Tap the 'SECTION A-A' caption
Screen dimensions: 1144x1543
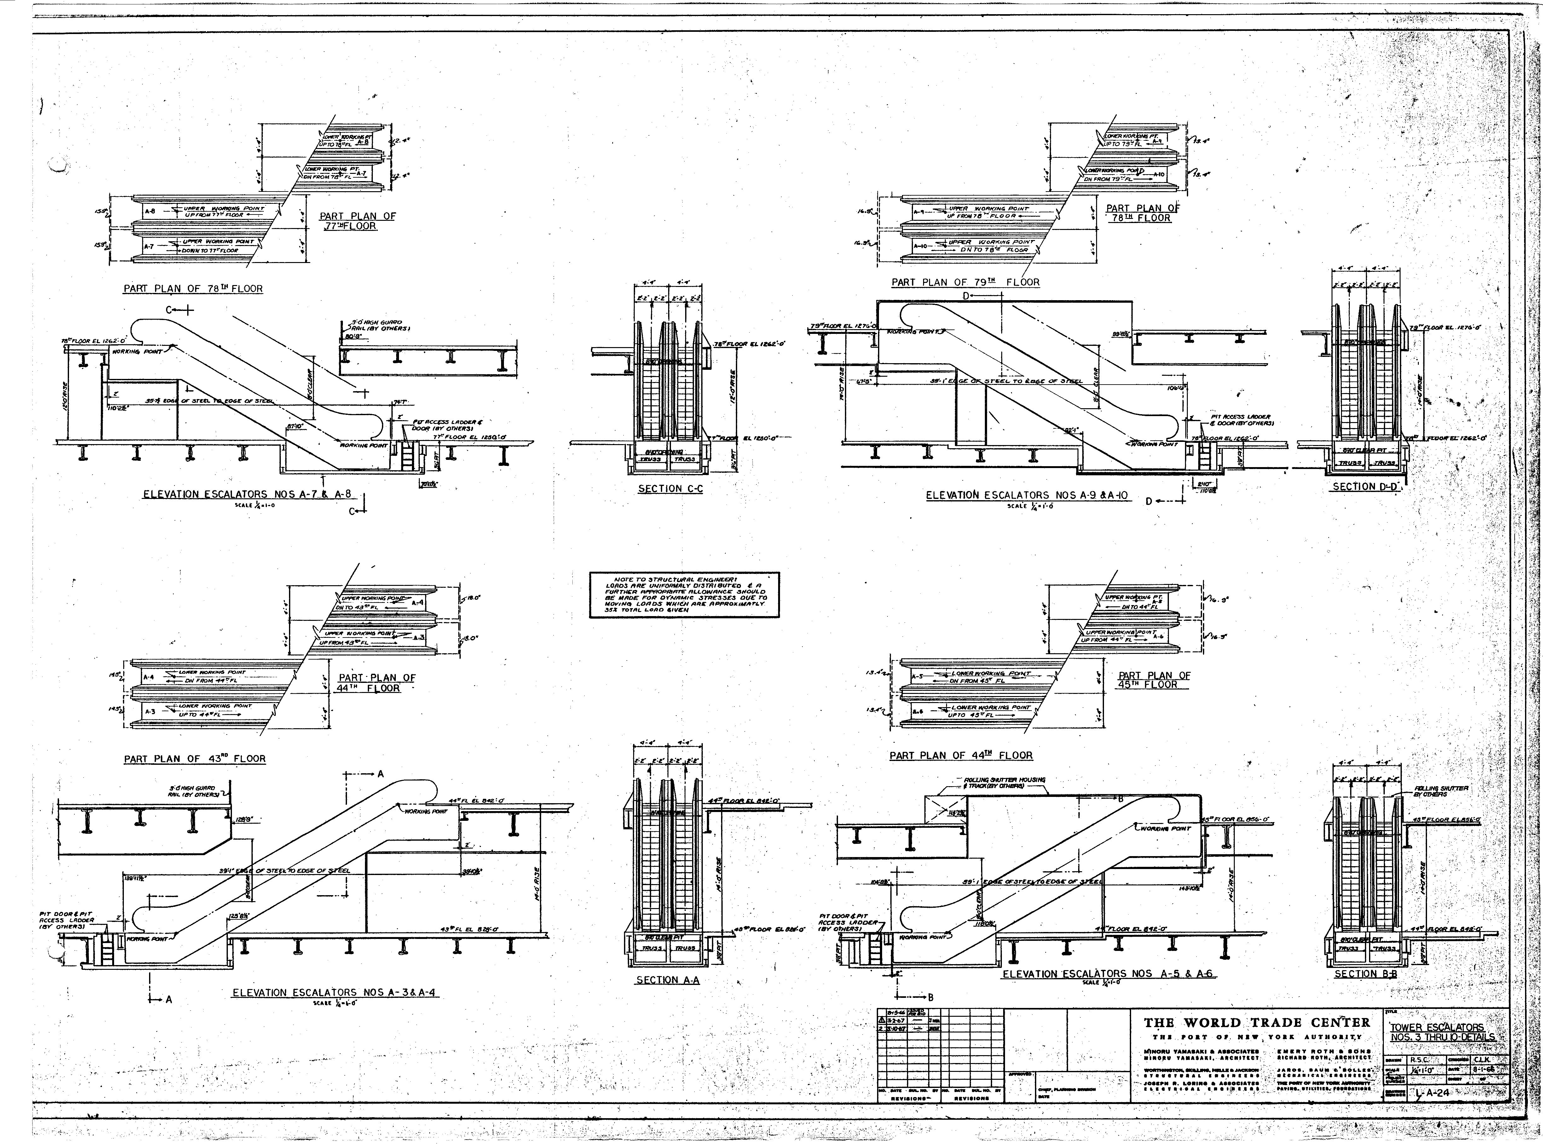coord(667,980)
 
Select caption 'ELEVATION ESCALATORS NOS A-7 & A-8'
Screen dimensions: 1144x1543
coord(247,495)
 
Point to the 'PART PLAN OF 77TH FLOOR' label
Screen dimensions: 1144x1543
coord(357,221)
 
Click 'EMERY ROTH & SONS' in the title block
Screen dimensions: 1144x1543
coord(1323,1051)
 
